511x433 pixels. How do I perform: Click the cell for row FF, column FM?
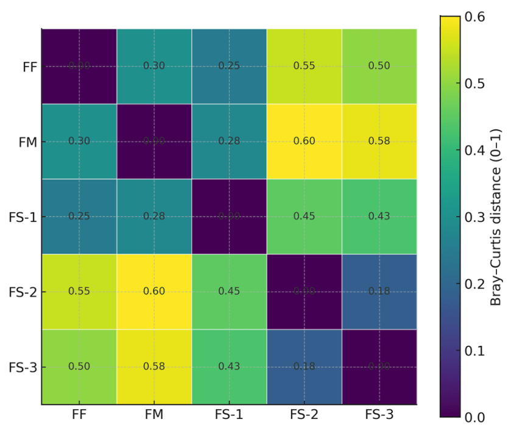click(154, 66)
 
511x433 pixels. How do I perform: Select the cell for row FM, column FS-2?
click(304, 141)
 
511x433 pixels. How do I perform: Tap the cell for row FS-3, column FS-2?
click(304, 367)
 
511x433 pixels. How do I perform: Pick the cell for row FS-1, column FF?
click(79, 216)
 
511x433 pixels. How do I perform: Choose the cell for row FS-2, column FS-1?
click(229, 292)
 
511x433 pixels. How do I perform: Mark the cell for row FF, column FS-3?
click(379, 66)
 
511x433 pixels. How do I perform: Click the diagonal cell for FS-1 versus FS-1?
click(229, 216)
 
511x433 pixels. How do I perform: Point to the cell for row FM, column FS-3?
click(379, 141)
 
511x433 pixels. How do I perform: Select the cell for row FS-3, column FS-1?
click(229, 367)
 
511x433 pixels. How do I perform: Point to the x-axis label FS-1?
click(229, 415)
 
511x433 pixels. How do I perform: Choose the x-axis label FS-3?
click(379, 415)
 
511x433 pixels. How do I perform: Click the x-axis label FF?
click(79, 415)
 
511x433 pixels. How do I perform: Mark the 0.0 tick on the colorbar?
click(474, 417)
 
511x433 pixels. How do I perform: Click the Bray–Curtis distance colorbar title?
click(496, 216)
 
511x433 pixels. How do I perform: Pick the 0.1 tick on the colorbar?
click(474, 351)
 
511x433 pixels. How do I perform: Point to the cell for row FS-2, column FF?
click(79, 292)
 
